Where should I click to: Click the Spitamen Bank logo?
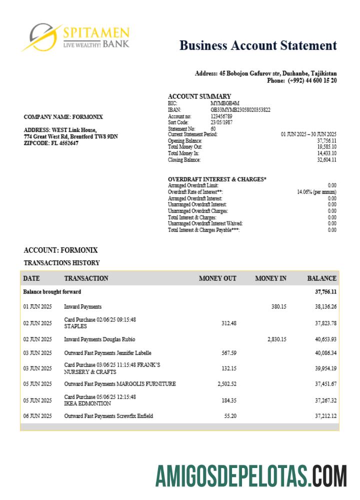[75, 38]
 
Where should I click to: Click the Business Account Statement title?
[258, 45]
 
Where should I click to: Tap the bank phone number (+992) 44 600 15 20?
[312, 80]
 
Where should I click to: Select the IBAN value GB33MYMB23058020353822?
[240, 109]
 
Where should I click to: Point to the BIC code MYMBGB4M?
[221, 103]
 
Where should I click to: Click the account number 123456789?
[221, 116]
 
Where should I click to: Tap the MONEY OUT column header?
[217, 278]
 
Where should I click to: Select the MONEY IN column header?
[270, 278]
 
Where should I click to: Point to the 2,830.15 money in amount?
[277, 339]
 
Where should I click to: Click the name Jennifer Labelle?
[132, 353]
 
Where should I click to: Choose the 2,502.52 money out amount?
[227, 384]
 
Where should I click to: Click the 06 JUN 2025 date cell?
[37, 416]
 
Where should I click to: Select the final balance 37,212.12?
[326, 416]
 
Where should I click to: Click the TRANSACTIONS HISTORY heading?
[61, 263]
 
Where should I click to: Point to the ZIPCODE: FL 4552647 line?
[51, 143]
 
